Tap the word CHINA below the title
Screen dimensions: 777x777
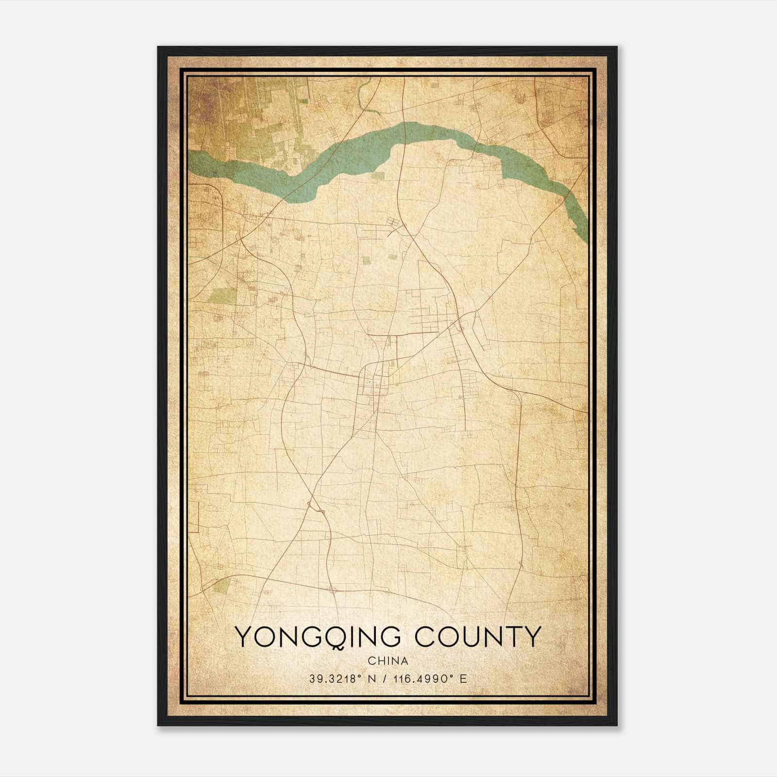tap(388, 661)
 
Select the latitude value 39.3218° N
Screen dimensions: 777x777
tap(342, 679)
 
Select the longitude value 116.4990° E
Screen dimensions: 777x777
tap(431, 679)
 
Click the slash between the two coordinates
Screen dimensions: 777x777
tap(387, 679)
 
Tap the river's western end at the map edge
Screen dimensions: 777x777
tap(191, 160)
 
